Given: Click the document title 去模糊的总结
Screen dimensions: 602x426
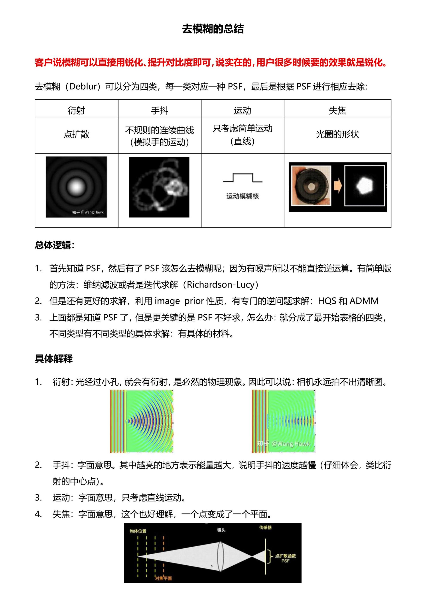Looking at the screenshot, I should [213, 29].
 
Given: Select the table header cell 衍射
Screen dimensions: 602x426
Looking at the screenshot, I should [76, 110].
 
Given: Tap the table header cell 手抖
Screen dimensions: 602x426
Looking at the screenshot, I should [160, 110].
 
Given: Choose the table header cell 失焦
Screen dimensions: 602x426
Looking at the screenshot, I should [337, 110].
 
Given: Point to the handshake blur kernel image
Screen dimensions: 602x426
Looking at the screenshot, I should [159, 187].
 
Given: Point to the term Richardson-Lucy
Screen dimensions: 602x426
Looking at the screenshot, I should [220, 284].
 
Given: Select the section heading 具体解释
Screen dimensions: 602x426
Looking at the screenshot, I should [53, 359].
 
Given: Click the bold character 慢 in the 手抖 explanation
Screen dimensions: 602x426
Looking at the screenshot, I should [312, 465].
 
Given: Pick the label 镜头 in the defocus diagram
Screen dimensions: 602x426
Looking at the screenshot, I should [221, 530].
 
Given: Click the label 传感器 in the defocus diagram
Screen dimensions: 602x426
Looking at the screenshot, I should [265, 527].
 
